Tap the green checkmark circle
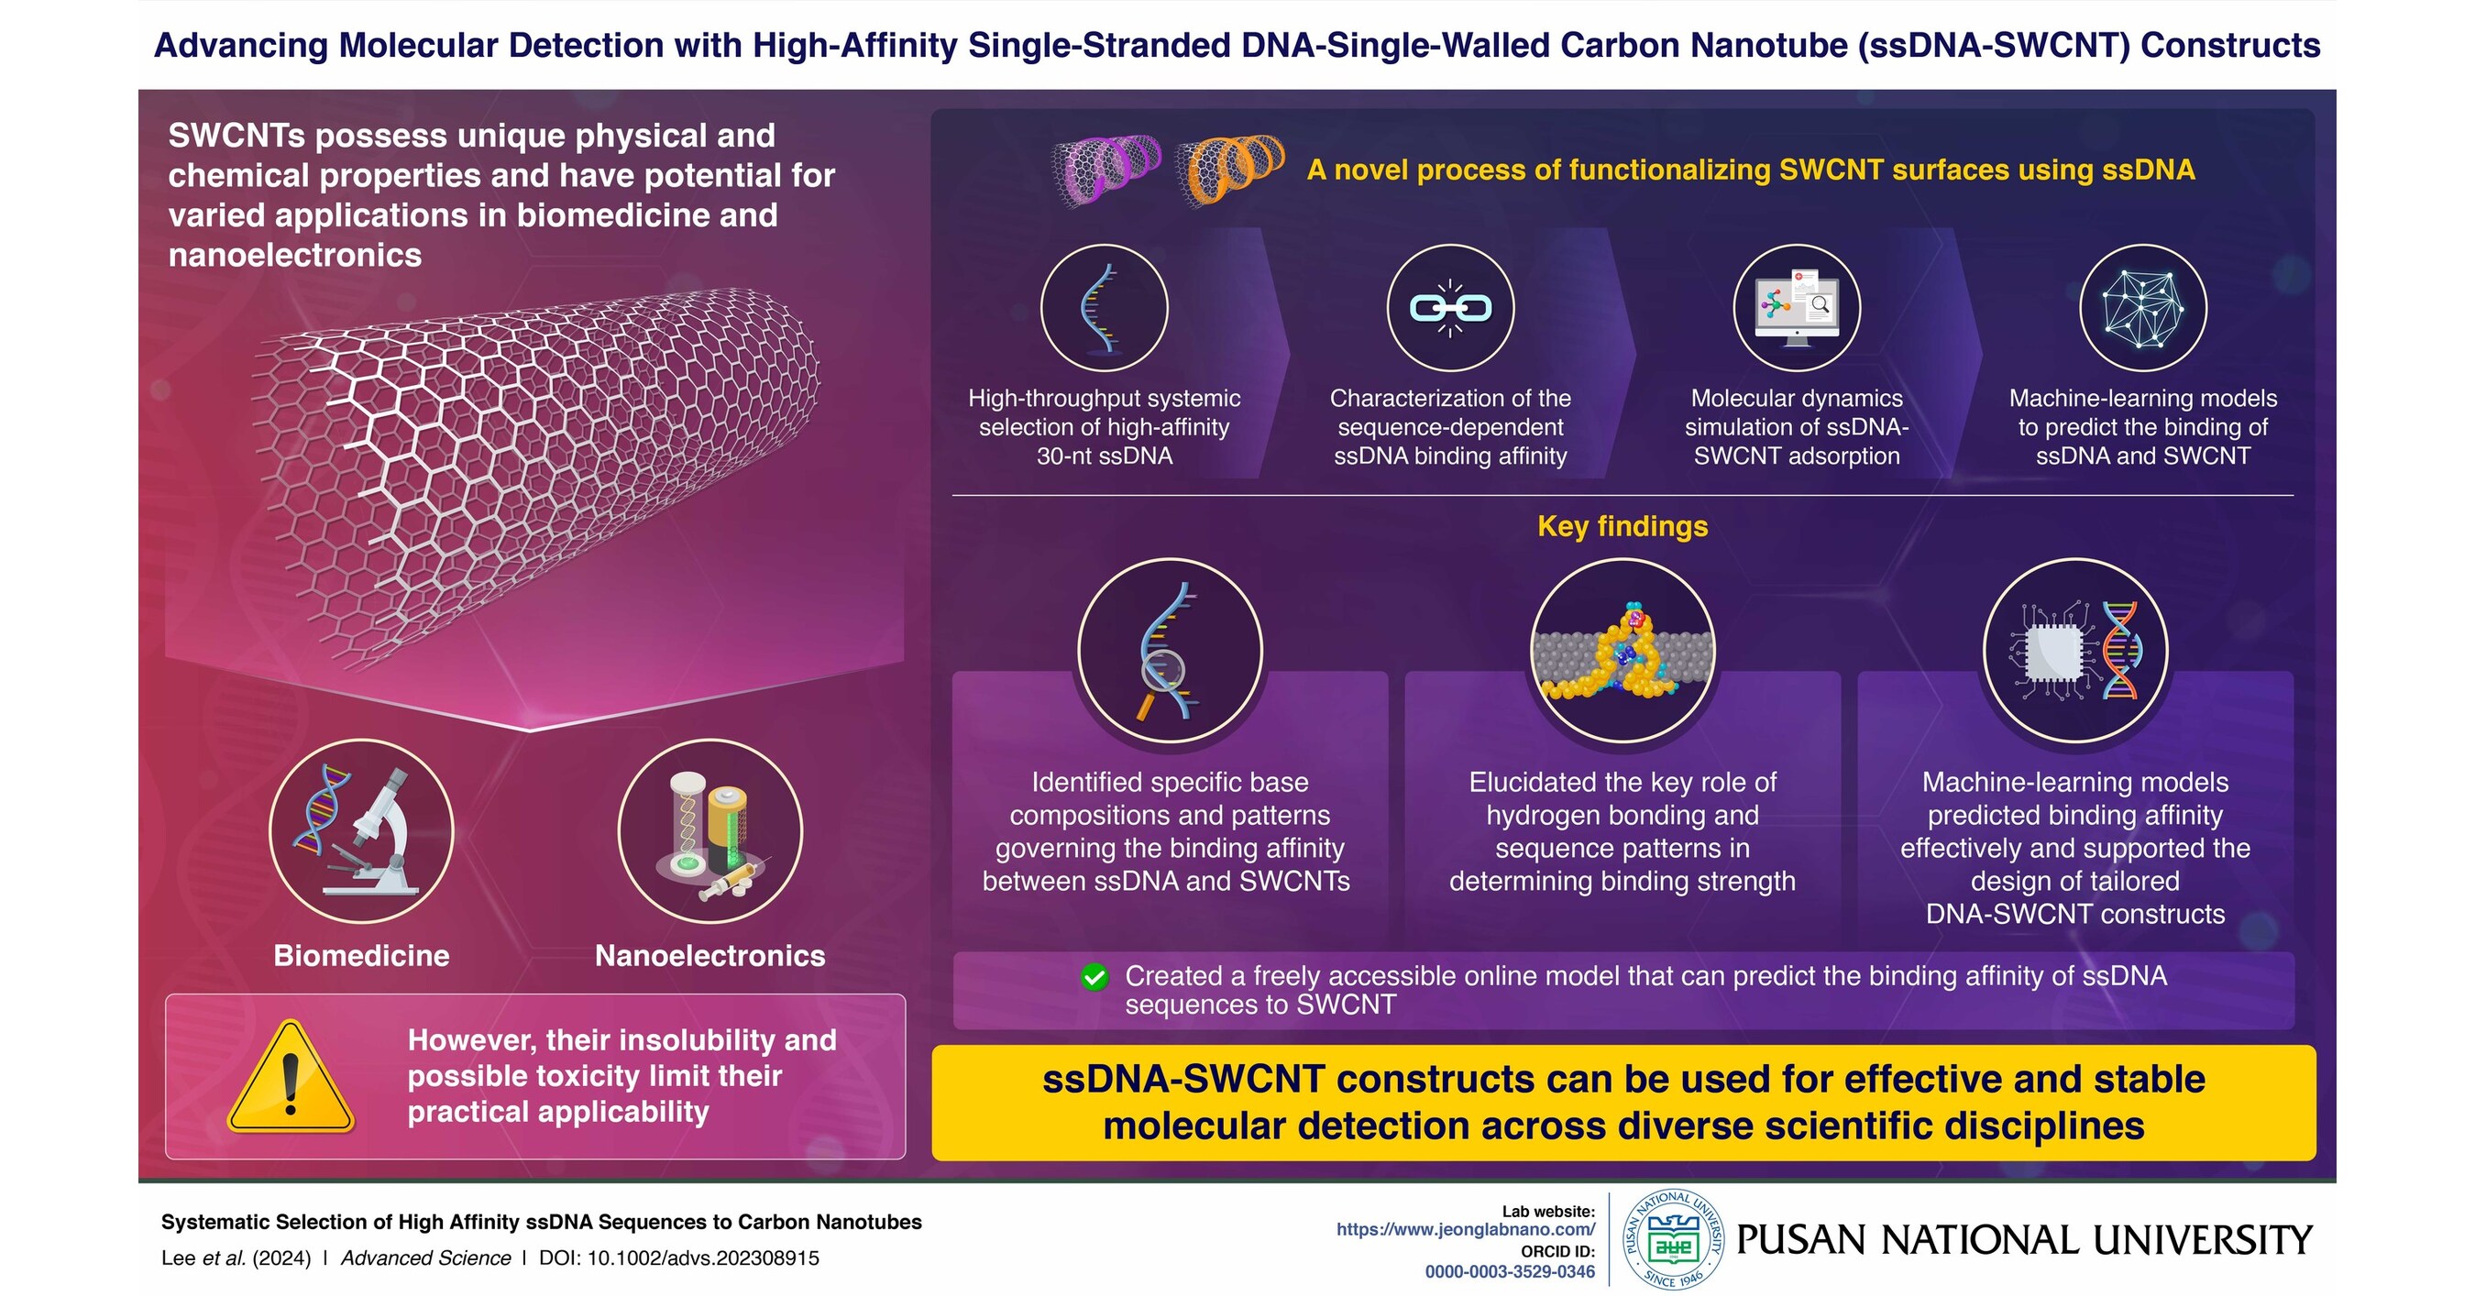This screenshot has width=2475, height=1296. pyautogui.click(x=1094, y=977)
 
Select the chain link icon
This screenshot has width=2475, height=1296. pyautogui.click(x=1450, y=308)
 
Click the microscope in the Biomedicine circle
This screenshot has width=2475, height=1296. pyautogui.click(x=379, y=837)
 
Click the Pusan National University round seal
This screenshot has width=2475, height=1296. pyautogui.click(x=1673, y=1239)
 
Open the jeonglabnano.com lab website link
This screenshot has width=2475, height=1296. pyautogui.click(x=1465, y=1230)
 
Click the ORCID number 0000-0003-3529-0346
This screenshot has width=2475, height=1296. pyautogui.click(x=1510, y=1272)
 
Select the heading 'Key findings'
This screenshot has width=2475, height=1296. pyautogui.click(x=1622, y=526)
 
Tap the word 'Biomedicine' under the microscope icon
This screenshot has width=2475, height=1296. pyautogui.click(x=361, y=956)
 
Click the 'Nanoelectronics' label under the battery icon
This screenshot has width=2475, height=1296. pyautogui.click(x=710, y=956)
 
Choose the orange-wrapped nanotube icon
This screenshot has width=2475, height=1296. pyautogui.click(x=1229, y=169)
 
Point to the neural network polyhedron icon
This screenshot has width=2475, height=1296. pyautogui.click(x=2142, y=308)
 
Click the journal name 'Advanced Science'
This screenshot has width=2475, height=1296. pyautogui.click(x=425, y=1258)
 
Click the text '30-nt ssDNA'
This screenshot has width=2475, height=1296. pyautogui.click(x=1104, y=456)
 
